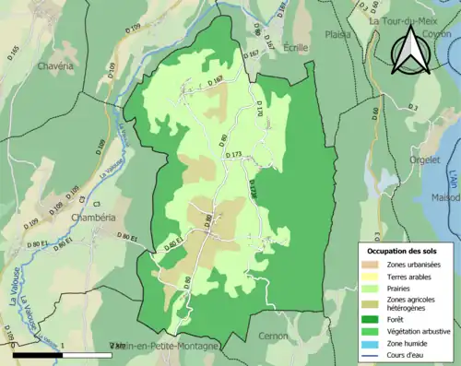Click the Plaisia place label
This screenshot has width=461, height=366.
point(338,34)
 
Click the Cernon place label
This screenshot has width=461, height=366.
point(274,336)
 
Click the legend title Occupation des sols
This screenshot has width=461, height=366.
point(404,251)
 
